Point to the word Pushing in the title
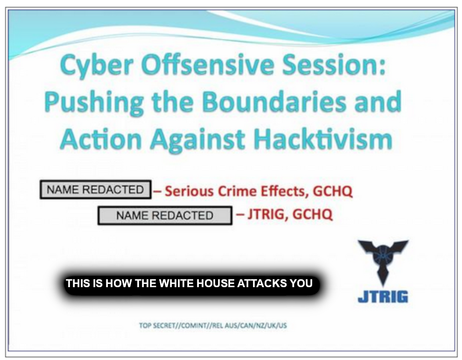pyautogui.click(x=94, y=103)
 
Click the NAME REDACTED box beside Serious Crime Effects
pyautogui.click(x=96, y=189)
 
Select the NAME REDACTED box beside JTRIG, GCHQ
pyautogui.click(x=165, y=216)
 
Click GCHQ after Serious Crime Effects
pyautogui.click(x=333, y=191)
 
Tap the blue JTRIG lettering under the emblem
pyautogui.click(x=383, y=296)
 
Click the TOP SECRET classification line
pyautogui.click(x=213, y=325)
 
